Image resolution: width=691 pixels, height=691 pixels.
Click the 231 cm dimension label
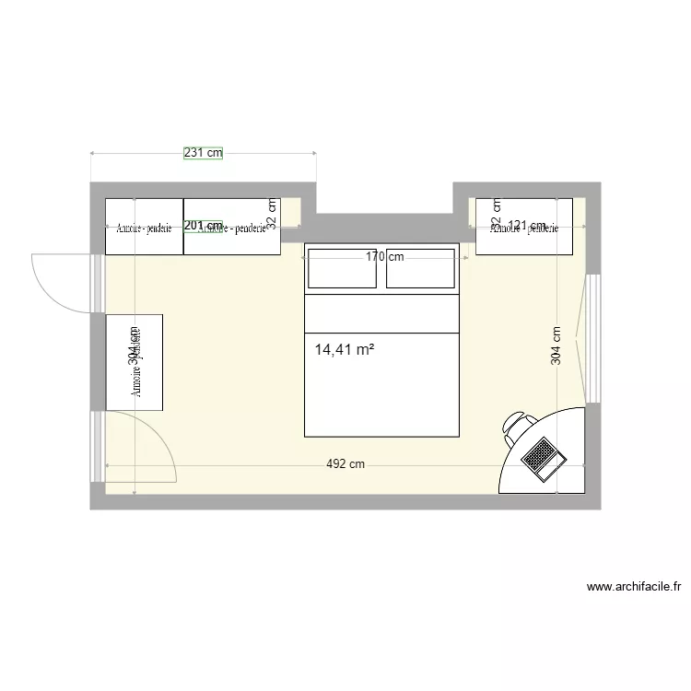click(x=203, y=154)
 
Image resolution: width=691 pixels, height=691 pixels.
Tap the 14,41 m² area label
click(x=344, y=350)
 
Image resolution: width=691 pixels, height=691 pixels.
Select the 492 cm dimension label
click(x=345, y=464)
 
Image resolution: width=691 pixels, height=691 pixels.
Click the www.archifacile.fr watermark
click(x=632, y=586)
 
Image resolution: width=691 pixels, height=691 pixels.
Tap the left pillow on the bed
click(x=342, y=269)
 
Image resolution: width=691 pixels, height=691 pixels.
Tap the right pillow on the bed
click(x=421, y=269)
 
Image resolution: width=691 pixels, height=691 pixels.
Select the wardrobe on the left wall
click(x=135, y=361)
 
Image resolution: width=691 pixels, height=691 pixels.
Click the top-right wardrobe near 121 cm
click(x=523, y=226)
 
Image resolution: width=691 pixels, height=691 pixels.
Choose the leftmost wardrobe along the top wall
click(x=145, y=226)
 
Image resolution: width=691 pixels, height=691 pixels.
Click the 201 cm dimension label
click(x=203, y=226)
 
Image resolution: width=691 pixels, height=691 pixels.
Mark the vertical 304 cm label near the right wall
click(x=556, y=346)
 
